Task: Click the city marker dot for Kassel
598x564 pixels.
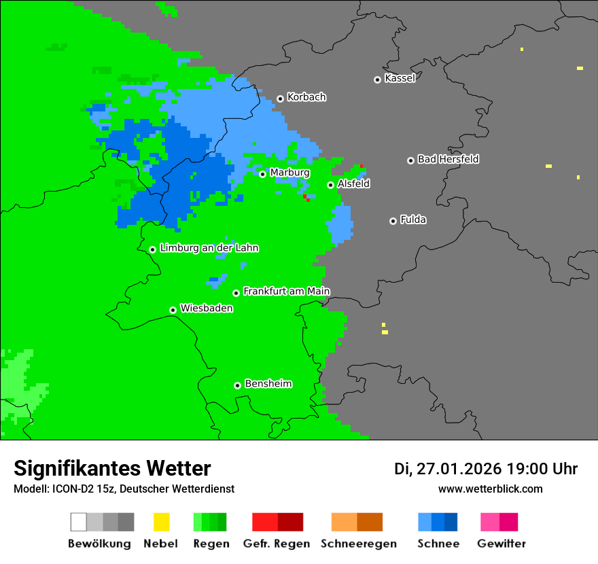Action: coord(377,80)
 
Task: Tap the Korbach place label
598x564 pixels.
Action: coord(306,97)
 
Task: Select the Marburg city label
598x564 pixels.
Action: coord(289,173)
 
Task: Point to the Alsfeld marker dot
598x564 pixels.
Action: coord(330,185)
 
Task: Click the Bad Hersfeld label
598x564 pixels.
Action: coord(448,159)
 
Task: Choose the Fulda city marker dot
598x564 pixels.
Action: coord(393,221)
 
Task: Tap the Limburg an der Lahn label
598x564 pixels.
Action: coord(209,248)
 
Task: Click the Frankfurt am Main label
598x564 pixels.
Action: coord(286,292)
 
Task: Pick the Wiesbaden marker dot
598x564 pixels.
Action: coord(173,310)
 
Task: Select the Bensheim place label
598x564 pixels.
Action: coord(268,384)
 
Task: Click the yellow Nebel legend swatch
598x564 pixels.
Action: coord(161,522)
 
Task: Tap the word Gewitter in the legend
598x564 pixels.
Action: coord(501,544)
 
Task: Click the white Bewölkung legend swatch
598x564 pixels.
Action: coord(79,522)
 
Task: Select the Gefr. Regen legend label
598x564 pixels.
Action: coord(277,544)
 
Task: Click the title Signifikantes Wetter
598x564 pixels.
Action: coord(112,469)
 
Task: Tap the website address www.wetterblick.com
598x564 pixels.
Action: coord(490,489)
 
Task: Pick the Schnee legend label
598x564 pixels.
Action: coord(438,544)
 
